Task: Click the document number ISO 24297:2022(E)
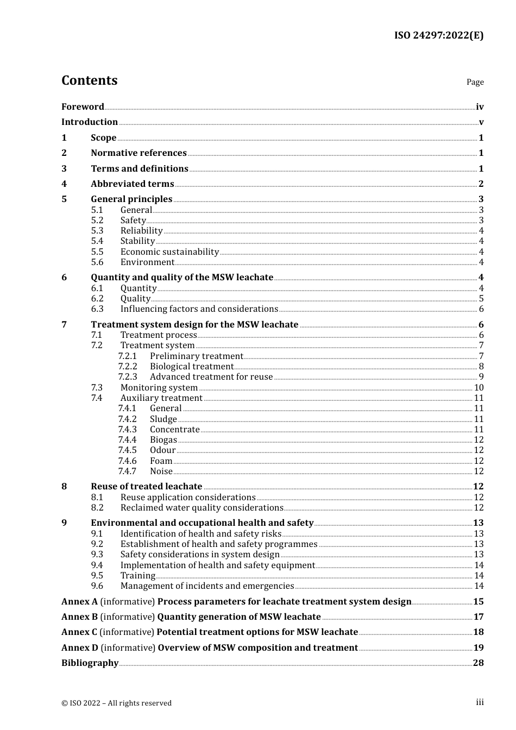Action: [x=438, y=35]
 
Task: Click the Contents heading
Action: [x=89, y=80]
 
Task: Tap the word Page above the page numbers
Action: [x=475, y=82]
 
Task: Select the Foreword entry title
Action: [x=83, y=107]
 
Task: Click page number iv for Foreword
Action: [x=480, y=107]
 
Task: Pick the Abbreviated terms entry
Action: [x=132, y=184]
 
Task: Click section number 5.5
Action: [x=97, y=252]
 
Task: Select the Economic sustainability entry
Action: [x=169, y=252]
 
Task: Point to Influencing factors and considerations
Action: [x=199, y=309]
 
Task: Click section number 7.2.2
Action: [x=128, y=367]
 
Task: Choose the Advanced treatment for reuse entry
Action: [x=211, y=377]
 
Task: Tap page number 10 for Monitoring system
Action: [x=479, y=388]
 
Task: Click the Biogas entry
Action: [x=163, y=440]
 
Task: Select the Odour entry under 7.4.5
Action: [x=162, y=450]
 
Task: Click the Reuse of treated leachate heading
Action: [x=146, y=487]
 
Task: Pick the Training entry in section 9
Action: [x=137, y=576]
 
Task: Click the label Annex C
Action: [x=79, y=632]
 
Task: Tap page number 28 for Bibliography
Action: [x=478, y=663]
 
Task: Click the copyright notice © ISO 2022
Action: [x=116, y=703]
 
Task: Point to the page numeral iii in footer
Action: [x=480, y=702]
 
